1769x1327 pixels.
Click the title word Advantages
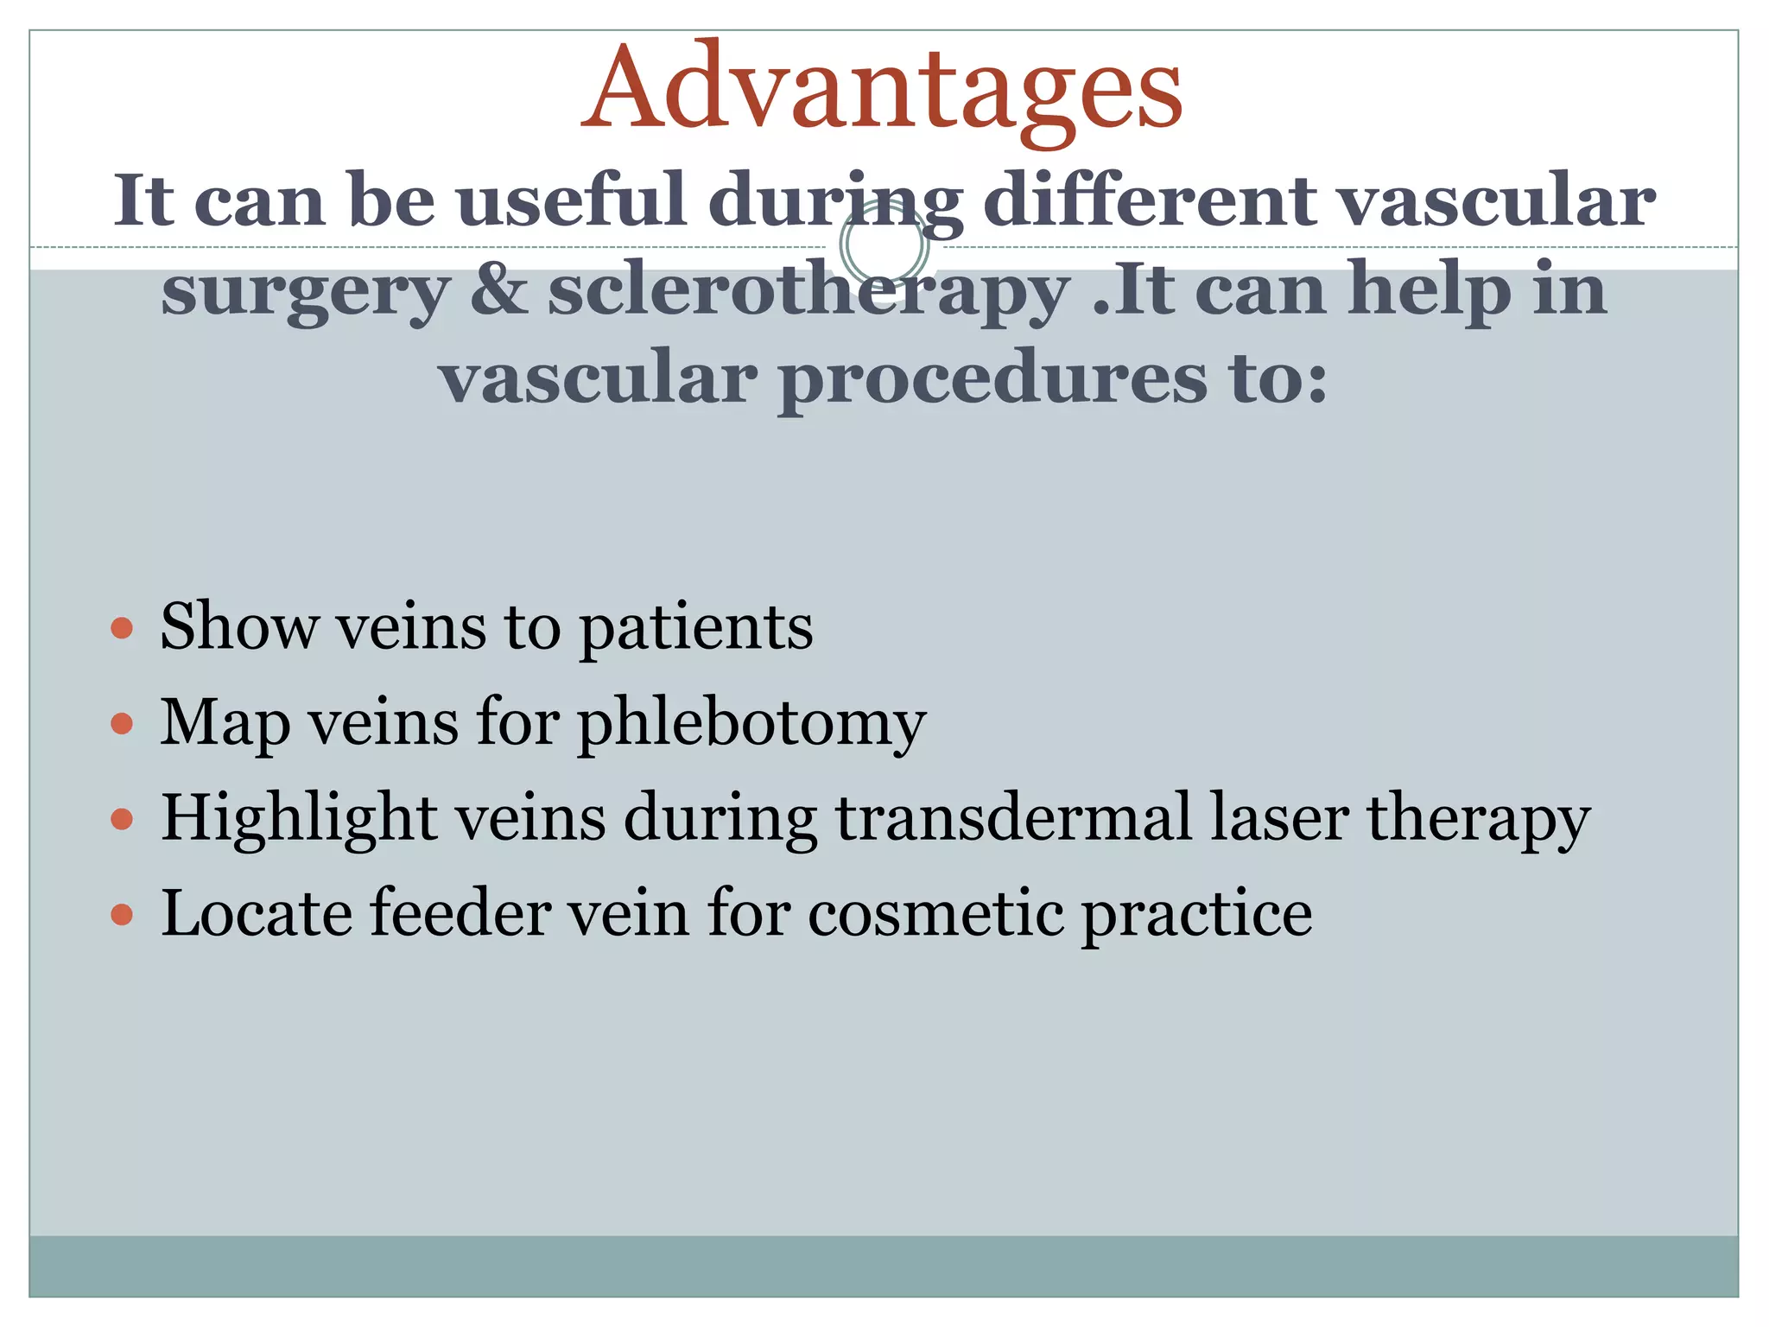pyautogui.click(x=882, y=89)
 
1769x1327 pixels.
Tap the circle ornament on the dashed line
pyautogui.click(x=884, y=244)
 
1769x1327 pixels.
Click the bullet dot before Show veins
pyautogui.click(x=123, y=627)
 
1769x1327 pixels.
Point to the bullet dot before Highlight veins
pyautogui.click(x=123, y=818)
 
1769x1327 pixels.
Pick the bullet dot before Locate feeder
pyautogui.click(x=123, y=914)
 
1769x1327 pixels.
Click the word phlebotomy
pyautogui.click(x=751, y=724)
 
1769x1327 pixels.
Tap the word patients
pyautogui.click(x=696, y=628)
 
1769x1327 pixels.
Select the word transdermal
pyautogui.click(x=1013, y=818)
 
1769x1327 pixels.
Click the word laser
pyautogui.click(x=1278, y=818)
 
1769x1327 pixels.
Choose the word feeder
pyautogui.click(x=460, y=914)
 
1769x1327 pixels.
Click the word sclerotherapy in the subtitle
pyautogui.click(x=808, y=291)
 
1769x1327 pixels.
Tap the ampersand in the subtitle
pyautogui.click(x=498, y=289)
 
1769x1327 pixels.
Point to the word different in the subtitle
pyautogui.click(x=1150, y=200)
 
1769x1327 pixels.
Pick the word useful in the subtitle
pyautogui.click(x=571, y=200)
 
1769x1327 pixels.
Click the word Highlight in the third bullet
pyautogui.click(x=299, y=820)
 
